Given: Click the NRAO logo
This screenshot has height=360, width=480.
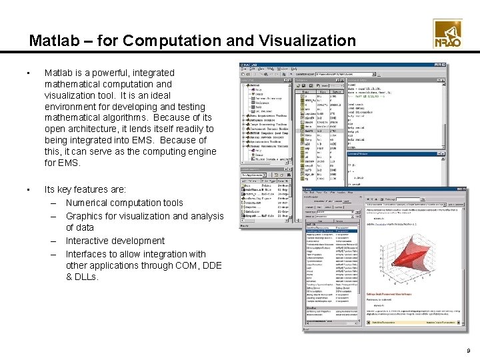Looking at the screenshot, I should pyautogui.click(x=447, y=34).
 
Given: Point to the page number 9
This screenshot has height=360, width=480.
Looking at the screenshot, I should pyautogui.click(x=469, y=349).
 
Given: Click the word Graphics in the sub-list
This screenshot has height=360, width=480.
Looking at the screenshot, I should pyautogui.click(x=84, y=216).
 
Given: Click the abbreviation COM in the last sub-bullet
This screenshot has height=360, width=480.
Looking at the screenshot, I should pyautogui.click(x=188, y=265).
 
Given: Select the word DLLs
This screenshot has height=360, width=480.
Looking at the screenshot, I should pyautogui.click(x=87, y=277).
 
